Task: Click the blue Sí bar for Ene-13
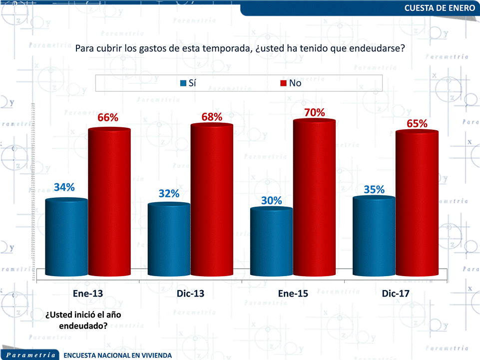click(66, 237)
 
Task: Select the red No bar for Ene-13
click(109, 202)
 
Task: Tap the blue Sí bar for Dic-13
click(169, 240)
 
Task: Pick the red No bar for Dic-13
click(212, 200)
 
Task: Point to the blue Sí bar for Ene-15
click(271, 242)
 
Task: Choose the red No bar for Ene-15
click(314, 197)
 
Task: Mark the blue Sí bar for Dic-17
click(374, 236)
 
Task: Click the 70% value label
click(315, 113)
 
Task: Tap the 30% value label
click(272, 201)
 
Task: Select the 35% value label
click(374, 190)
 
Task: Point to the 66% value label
click(108, 118)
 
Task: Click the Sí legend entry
click(188, 83)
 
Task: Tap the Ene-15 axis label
click(293, 294)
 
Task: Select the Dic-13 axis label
click(190, 294)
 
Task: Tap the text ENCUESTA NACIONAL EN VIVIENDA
click(117, 355)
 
